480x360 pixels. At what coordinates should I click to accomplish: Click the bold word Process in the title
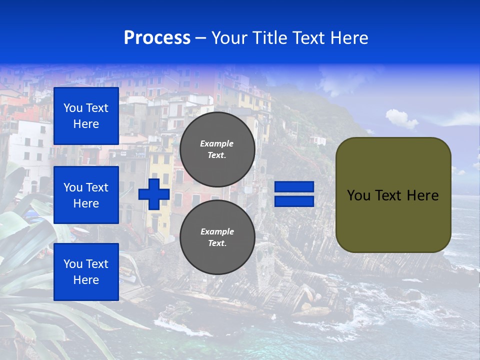157,38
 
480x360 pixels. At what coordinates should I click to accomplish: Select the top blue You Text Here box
86,116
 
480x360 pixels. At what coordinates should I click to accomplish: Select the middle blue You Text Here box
86,195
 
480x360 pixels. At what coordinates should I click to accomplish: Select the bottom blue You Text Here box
86,271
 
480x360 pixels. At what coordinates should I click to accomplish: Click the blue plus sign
154,194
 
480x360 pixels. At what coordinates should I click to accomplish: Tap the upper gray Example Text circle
217,149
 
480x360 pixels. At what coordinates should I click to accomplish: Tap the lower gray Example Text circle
217,237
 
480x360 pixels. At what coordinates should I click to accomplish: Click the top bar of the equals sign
294,187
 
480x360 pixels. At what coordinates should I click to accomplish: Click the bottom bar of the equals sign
294,201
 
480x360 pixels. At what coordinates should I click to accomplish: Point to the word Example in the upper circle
216,143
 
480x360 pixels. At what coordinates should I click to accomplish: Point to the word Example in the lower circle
216,231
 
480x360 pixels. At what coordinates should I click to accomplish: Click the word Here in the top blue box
86,124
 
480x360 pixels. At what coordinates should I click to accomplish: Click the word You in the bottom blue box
73,263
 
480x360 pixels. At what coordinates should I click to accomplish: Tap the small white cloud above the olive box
401,119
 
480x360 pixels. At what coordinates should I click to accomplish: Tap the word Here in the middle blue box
86,203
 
